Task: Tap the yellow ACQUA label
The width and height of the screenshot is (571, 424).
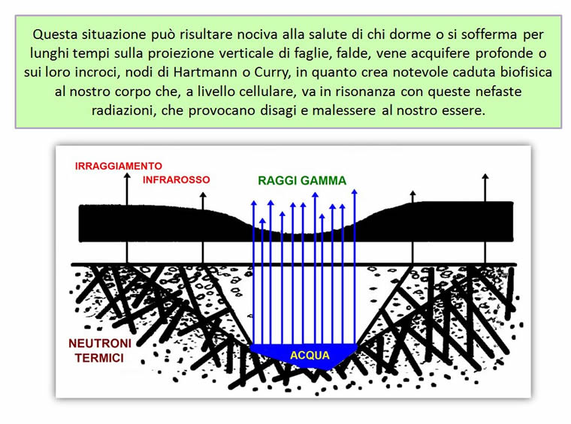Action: click(x=310, y=355)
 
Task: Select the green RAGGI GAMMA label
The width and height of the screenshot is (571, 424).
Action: click(x=302, y=180)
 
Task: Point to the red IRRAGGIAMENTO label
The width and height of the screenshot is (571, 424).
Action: click(x=119, y=166)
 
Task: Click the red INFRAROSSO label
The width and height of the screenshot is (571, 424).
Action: click(x=177, y=179)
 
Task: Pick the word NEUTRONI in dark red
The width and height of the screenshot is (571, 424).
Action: click(x=100, y=343)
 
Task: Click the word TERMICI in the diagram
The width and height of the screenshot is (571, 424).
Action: click(x=99, y=358)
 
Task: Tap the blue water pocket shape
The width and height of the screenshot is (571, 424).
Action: click(x=304, y=356)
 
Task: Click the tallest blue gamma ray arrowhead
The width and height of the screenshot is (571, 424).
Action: click(x=355, y=191)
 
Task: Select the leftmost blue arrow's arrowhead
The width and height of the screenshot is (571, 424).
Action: click(x=254, y=203)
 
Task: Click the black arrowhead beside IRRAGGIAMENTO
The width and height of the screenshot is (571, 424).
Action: click(x=127, y=176)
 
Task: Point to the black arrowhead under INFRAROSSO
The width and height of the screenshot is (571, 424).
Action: click(x=203, y=196)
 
